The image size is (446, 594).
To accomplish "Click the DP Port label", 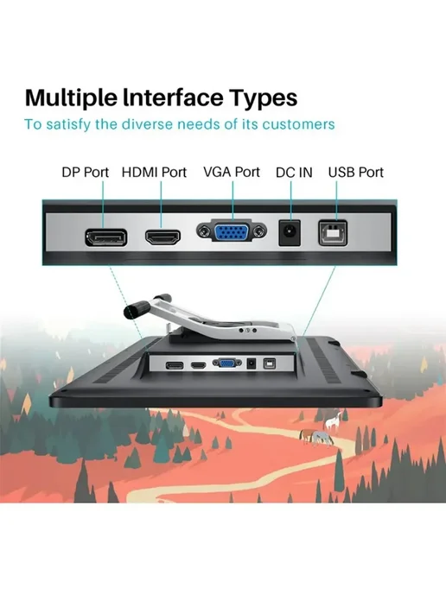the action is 86,173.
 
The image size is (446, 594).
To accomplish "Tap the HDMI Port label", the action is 154,173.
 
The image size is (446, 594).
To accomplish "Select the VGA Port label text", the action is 232,172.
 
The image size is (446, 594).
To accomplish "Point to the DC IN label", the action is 294,173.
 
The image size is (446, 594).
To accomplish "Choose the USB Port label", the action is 356,173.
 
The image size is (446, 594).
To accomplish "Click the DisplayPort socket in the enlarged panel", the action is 105,238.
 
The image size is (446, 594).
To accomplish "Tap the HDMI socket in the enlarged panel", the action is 162,237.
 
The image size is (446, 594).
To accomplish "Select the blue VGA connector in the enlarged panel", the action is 232,231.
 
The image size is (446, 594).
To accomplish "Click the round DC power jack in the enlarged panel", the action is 290,231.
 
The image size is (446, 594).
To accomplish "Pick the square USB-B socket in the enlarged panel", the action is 333,232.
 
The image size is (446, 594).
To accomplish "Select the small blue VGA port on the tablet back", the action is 226,363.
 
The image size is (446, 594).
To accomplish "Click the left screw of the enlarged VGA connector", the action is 204,231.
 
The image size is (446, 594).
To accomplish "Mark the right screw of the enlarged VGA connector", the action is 259,231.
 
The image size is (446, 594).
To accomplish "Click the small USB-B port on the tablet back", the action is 270,363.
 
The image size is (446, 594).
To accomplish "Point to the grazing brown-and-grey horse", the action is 316,437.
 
